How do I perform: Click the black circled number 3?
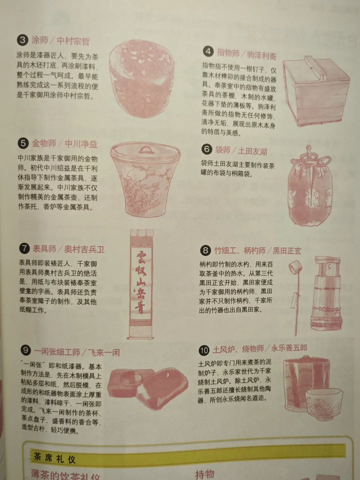click(23, 40)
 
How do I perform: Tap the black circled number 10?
click(204, 350)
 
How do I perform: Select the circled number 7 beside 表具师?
click(24, 248)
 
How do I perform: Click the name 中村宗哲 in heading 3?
click(73, 41)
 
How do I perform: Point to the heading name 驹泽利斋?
click(262, 56)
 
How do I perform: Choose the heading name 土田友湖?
click(252, 151)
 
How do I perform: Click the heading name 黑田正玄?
click(287, 251)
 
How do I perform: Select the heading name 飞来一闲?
click(104, 352)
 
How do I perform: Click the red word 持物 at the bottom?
click(205, 474)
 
